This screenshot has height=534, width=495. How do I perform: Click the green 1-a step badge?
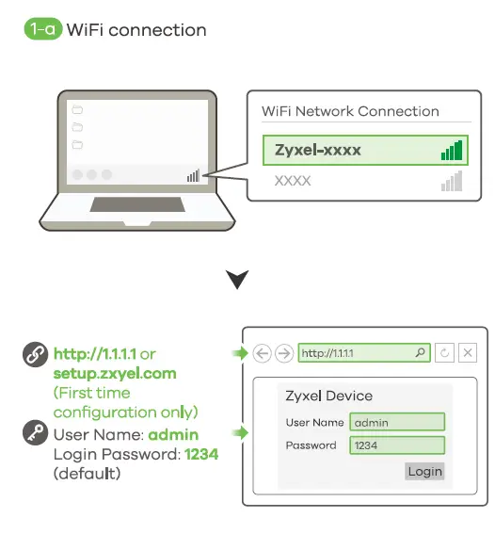41,30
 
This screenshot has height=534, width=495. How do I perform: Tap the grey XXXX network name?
293,180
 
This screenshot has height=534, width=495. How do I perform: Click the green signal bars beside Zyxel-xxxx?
452,151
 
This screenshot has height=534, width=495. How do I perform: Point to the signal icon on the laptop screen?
193,175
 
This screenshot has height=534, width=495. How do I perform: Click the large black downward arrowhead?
238,279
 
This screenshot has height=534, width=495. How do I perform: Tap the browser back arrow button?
263,354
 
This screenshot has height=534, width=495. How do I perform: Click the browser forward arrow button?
284,354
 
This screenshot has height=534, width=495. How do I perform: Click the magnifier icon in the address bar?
420,354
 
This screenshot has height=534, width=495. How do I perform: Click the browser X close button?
468,354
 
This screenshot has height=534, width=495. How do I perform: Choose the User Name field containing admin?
396,423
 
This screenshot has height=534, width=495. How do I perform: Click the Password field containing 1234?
396,445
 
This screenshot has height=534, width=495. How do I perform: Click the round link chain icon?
36,356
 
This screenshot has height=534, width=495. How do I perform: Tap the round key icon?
36,435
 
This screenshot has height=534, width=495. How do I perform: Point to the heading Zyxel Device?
328,396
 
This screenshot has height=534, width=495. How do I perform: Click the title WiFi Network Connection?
350,111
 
